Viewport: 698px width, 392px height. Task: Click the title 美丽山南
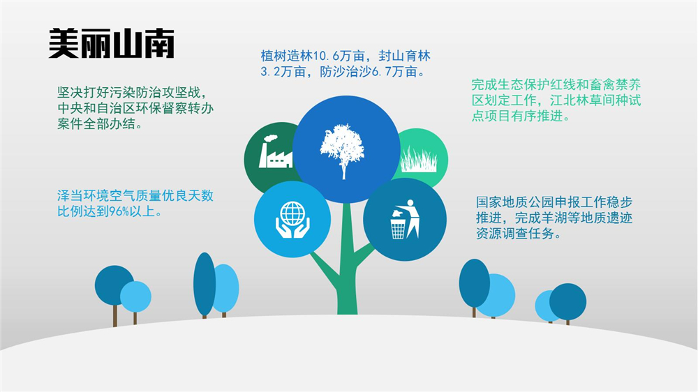tap(111, 43)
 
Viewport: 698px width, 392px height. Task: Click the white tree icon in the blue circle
tap(342, 151)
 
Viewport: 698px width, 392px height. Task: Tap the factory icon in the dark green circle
tap(274, 151)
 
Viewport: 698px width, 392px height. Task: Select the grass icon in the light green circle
tap(418, 159)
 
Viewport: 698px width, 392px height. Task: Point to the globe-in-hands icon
tap(292, 219)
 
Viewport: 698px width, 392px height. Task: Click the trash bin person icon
tap(405, 219)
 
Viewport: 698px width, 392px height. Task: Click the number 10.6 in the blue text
tap(326, 56)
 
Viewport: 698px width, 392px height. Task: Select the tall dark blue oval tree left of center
tap(205, 285)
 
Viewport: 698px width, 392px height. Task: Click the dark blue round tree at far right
tap(567, 302)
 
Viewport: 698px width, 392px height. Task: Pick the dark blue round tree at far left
tap(114, 285)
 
